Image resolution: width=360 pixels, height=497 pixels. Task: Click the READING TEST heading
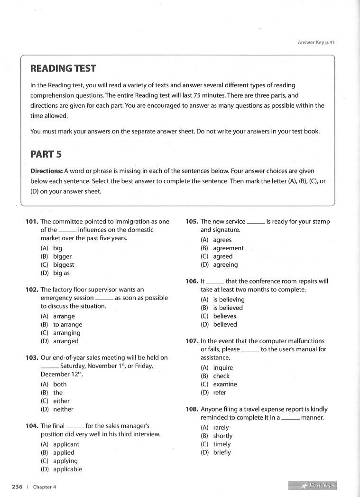(x=63, y=68)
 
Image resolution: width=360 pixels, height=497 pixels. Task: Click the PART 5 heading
(x=46, y=154)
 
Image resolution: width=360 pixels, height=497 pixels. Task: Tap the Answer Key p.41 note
(x=316, y=43)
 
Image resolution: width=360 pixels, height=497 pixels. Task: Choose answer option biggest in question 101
(x=64, y=265)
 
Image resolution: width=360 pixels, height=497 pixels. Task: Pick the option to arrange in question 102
(x=67, y=325)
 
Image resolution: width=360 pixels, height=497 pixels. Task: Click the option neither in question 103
(x=63, y=409)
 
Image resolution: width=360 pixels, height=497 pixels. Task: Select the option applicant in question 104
(x=66, y=444)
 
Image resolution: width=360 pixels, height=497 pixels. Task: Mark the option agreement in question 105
(x=228, y=248)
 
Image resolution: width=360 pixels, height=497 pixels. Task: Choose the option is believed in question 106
(x=228, y=308)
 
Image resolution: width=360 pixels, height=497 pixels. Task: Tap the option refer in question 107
(x=220, y=393)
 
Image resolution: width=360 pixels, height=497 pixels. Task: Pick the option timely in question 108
(x=222, y=444)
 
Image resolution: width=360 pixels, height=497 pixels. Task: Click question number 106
(x=192, y=281)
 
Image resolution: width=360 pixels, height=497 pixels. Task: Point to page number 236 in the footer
(x=17, y=487)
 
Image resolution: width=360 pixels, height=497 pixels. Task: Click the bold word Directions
(x=46, y=171)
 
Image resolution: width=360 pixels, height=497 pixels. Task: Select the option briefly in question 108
(x=222, y=453)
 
